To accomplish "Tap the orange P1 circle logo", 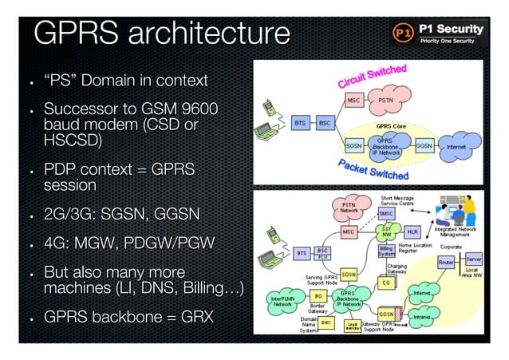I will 404,34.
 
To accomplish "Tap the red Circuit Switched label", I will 372,77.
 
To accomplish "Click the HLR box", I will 412,231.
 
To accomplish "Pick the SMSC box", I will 386,214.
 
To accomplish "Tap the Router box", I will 446,261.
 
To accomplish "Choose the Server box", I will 474,260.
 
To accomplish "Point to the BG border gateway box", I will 318,295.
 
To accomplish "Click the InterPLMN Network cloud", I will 282,300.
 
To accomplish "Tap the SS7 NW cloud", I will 387,231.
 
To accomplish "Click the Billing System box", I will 386,251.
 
